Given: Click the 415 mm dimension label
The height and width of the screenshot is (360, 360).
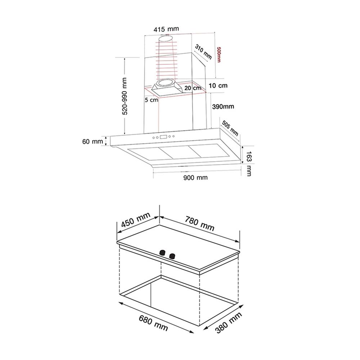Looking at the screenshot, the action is click(166, 29).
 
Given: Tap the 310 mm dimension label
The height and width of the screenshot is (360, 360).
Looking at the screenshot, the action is click(203, 51).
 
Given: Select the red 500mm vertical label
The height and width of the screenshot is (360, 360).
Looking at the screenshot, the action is click(219, 55).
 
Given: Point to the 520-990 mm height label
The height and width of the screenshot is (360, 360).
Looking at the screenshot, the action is click(125, 96).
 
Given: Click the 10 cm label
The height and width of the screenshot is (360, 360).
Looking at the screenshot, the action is click(218, 86).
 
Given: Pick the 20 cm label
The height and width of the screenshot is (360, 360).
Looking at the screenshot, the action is click(193, 88).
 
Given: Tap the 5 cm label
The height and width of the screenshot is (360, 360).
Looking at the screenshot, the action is click(152, 100).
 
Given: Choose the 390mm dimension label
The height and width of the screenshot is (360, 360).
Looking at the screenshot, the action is click(223, 107).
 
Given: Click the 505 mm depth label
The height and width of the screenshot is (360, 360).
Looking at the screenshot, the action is click(230, 128).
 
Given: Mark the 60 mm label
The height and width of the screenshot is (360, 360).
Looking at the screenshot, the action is click(93, 141).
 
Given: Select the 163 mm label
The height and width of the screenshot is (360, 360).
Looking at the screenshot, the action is click(249, 163).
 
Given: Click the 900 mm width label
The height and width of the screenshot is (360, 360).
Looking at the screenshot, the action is click(195, 177).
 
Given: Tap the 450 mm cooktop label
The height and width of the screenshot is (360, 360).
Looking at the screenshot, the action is click(136, 220).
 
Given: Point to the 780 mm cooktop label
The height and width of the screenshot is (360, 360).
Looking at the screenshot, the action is click(199, 224).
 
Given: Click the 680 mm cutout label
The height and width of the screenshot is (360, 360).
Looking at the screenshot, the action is click(153, 323).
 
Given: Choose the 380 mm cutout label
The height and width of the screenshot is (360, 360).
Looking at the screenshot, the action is click(229, 323).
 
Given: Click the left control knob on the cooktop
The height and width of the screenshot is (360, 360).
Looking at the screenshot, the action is click(162, 253).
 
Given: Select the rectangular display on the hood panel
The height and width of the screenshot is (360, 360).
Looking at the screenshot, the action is click(163, 137).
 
